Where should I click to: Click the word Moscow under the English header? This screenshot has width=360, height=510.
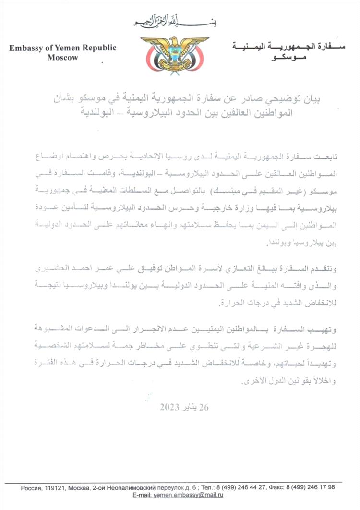pos(62,57)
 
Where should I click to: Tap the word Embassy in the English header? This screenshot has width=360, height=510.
pos(24,48)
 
